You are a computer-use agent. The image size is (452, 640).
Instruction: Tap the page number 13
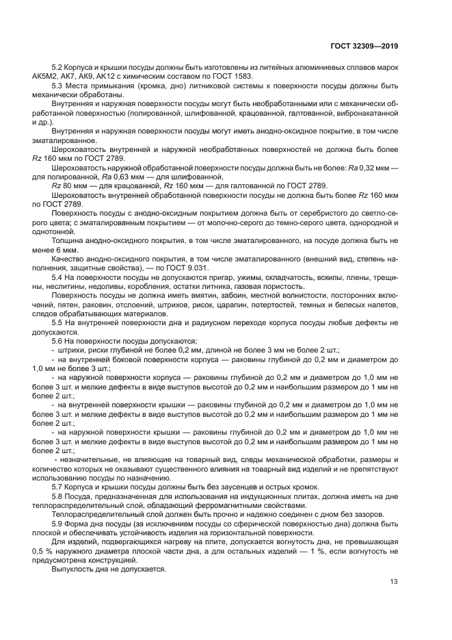[x=394, y=583]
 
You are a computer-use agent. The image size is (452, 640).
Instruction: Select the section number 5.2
[x=58, y=68]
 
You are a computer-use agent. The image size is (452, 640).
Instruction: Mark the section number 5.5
[x=58, y=322]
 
